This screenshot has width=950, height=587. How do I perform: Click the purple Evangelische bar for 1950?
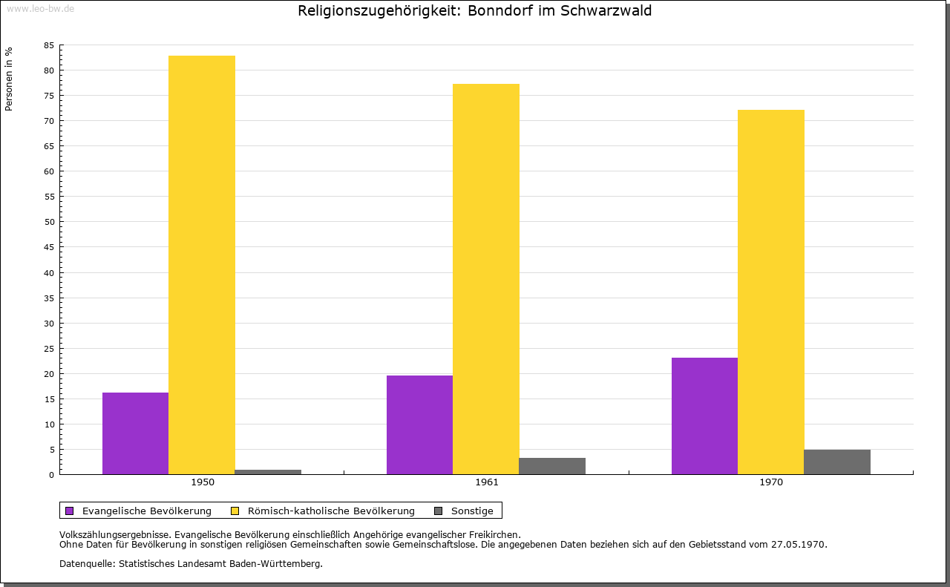(135, 433)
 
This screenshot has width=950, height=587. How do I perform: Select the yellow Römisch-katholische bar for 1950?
(202, 265)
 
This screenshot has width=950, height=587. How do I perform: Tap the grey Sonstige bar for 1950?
(268, 472)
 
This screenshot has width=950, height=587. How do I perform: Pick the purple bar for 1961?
(419, 424)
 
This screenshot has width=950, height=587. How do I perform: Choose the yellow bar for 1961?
(486, 279)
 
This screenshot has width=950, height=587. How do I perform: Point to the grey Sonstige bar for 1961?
(552, 466)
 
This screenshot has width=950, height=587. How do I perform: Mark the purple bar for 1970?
(704, 416)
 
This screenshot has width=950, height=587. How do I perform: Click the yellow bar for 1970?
(770, 292)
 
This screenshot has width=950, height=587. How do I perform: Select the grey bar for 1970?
(837, 462)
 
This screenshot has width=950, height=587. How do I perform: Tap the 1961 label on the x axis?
(487, 482)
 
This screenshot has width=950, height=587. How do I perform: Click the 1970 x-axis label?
(771, 482)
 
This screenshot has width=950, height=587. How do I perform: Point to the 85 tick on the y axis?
(49, 45)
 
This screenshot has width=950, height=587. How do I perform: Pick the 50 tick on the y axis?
(49, 222)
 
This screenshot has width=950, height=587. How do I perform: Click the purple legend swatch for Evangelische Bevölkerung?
(70, 511)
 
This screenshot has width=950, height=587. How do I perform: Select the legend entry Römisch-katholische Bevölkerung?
(331, 511)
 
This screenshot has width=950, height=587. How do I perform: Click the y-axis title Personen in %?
(9, 79)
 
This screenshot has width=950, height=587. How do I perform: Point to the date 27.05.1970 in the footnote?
(799, 544)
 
